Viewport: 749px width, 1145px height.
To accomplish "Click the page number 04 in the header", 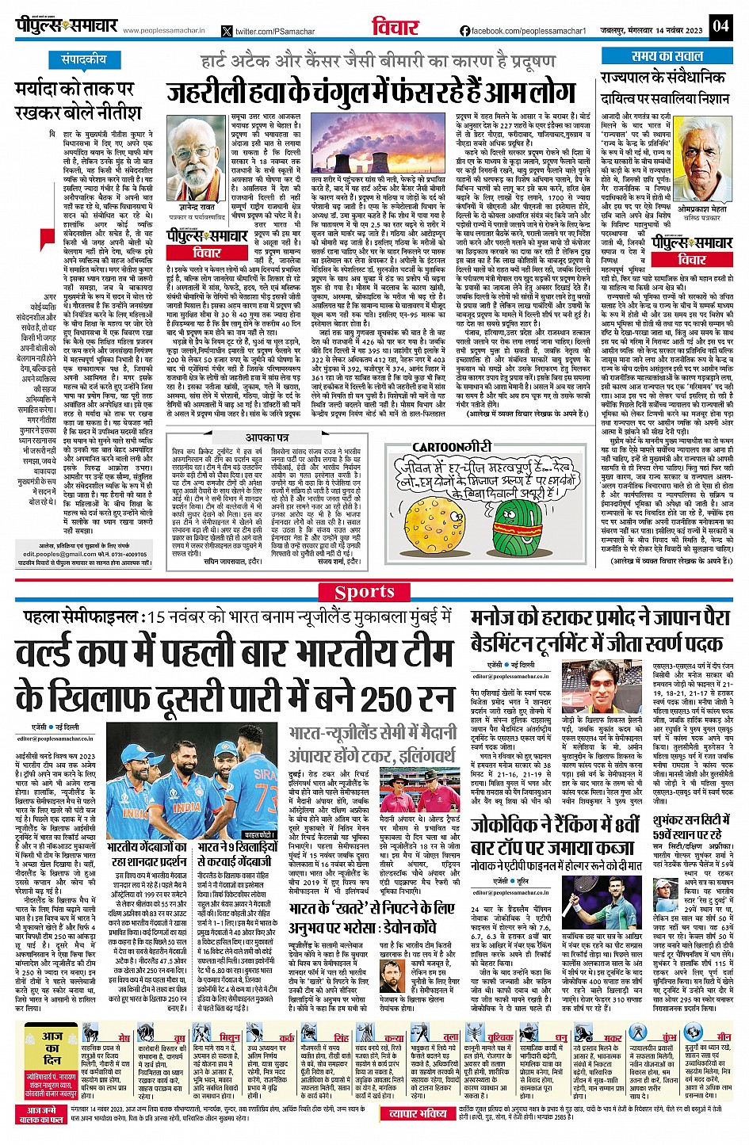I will (720, 25).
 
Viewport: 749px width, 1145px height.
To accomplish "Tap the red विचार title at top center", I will (395, 27).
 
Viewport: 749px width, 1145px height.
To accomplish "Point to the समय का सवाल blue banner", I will (667, 56).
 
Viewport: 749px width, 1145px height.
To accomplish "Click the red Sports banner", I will (365, 592).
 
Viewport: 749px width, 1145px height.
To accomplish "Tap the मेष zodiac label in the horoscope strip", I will (124, 1037).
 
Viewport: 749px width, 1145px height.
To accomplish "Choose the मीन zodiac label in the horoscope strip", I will (724, 1036).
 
